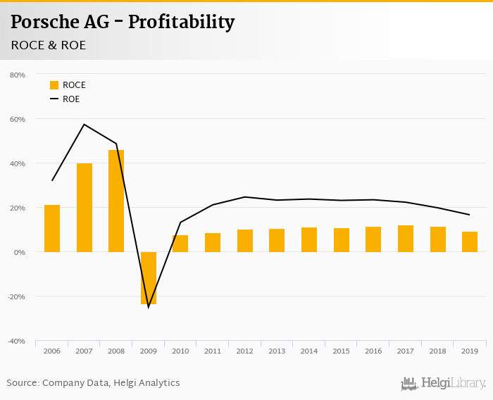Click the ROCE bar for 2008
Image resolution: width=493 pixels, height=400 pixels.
click(116, 201)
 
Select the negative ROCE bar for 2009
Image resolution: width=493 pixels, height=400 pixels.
click(149, 277)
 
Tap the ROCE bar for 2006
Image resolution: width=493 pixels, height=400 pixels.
click(52, 228)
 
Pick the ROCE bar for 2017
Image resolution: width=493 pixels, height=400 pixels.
click(406, 239)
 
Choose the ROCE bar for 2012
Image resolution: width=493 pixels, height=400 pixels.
click(245, 241)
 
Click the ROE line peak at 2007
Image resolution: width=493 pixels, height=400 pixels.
click(84, 125)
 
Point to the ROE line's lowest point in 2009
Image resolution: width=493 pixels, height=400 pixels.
click(149, 307)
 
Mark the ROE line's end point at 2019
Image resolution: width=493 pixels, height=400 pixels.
click(470, 215)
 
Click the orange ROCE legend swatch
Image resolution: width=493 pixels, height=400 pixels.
click(54, 85)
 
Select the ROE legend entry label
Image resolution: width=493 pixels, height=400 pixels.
click(71, 99)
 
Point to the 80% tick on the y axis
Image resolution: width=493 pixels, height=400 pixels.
click(18, 75)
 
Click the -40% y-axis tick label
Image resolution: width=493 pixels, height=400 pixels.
click(16, 341)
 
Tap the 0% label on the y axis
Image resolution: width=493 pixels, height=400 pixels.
click(19, 252)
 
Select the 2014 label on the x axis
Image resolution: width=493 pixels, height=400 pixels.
click(309, 351)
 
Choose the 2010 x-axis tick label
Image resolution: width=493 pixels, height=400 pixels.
click(180, 351)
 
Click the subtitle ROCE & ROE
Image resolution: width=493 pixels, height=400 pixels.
click(49, 45)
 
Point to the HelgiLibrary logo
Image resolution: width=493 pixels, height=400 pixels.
click(444, 384)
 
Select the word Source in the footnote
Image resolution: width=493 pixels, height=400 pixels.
click(22, 383)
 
